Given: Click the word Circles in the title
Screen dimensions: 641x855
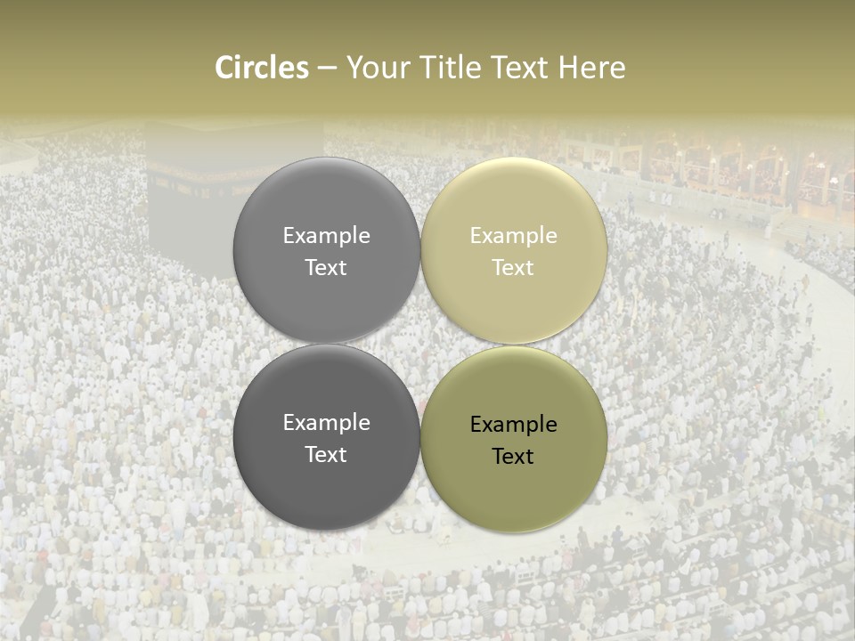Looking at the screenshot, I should (262, 68).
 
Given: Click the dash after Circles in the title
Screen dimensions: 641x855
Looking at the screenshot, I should (327, 69).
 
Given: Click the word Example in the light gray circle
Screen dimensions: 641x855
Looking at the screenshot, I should (326, 236).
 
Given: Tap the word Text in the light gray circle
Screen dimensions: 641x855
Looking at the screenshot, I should (326, 268).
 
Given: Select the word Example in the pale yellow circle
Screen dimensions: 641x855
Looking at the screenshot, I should (513, 236).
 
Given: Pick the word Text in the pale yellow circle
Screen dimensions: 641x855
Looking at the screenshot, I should (513, 268).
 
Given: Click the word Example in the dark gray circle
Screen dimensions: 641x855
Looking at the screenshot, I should (326, 423).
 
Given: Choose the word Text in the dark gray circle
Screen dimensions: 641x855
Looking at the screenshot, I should (326, 455).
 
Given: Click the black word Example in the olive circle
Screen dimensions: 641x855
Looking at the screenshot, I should (513, 425).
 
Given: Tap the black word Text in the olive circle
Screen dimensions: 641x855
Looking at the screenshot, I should (513, 457).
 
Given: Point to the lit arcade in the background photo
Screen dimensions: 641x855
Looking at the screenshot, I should (730, 169).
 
